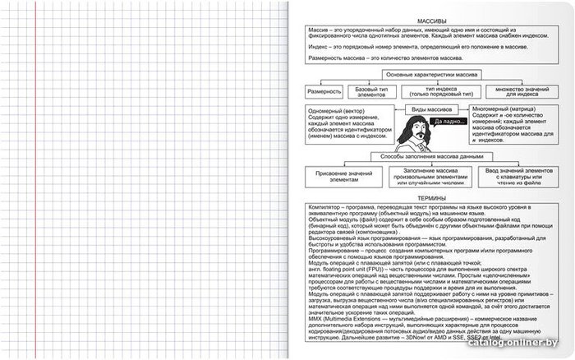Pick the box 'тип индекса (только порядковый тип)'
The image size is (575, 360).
(x=442, y=92)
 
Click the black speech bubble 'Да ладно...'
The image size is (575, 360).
(x=448, y=122)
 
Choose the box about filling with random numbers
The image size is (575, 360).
(x=425, y=176)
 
